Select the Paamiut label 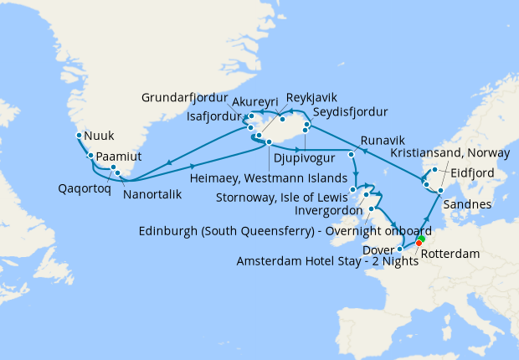click(119, 156)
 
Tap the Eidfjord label click(473, 174)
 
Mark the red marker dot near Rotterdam click(419, 244)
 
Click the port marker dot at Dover click(400, 248)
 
